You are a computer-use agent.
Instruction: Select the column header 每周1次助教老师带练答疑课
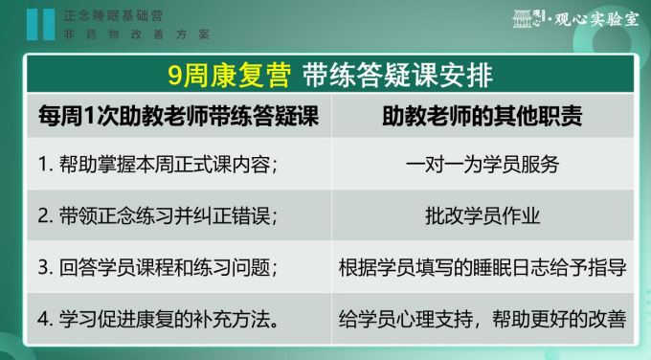[x=178, y=117]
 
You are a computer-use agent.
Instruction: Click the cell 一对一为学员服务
[x=482, y=163]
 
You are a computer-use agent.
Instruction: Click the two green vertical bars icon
[x=40, y=24]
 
